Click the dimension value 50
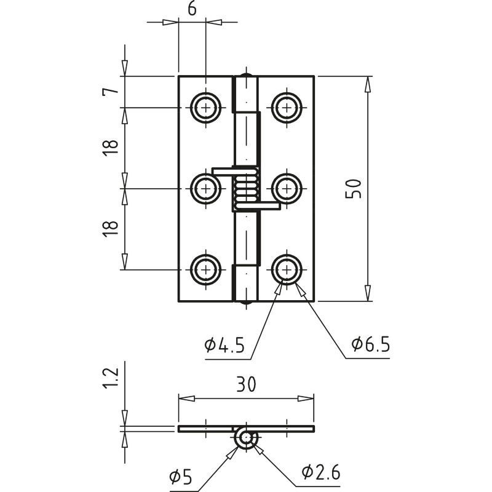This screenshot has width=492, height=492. tap(353, 189)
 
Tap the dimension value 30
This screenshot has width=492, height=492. tap(246, 384)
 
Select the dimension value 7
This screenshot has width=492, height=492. tap(111, 91)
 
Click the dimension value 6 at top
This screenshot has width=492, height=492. tap(192, 9)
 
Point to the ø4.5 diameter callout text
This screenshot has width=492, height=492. tap(224, 345)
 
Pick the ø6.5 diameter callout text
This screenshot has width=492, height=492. tap(371, 344)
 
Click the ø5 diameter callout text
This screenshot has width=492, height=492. tap(180, 478)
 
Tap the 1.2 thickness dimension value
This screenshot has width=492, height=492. tap(111, 378)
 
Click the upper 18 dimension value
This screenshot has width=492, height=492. tap(111, 148)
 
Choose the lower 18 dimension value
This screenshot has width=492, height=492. tap(111, 229)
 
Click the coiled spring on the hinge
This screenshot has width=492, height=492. tap(246, 189)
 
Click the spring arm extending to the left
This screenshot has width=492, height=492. tap(224, 172)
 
